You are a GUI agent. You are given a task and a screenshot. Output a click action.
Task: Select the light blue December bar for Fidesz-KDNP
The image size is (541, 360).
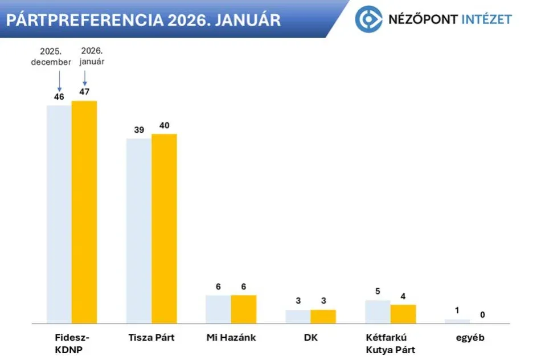(59, 214)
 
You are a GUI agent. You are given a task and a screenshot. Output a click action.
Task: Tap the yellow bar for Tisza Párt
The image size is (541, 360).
(164, 228)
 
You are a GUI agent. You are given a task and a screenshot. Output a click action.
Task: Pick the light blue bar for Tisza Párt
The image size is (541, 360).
(139, 231)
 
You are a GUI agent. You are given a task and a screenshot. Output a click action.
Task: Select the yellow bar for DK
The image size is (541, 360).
(323, 316)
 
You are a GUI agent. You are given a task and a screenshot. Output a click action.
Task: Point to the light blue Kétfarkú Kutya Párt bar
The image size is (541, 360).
(378, 312)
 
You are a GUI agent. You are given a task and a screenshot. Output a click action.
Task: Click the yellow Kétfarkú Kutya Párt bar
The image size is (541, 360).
(403, 314)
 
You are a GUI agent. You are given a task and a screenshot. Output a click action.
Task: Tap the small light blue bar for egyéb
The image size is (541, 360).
(457, 321)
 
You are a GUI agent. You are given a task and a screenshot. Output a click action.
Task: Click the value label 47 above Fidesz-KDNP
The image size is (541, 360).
(84, 91)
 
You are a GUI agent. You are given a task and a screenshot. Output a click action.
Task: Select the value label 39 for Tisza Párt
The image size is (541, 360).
(139, 129)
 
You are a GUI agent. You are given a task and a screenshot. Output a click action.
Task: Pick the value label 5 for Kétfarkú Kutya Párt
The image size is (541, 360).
(378, 291)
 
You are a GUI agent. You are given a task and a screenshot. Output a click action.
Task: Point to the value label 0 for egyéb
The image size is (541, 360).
(482, 314)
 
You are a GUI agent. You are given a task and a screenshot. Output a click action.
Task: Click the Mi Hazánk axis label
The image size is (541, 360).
(231, 337)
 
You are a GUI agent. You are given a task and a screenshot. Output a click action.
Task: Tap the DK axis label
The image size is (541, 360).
(310, 337)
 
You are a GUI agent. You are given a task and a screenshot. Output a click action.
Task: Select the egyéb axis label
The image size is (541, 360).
(470, 337)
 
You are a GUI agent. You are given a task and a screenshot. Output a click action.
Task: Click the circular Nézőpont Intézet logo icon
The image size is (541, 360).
(368, 19)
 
